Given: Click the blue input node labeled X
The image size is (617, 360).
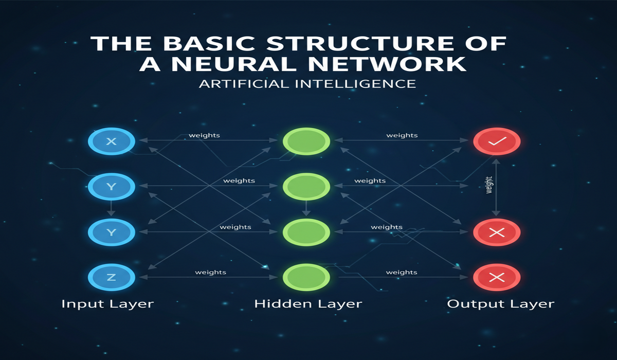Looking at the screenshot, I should coord(112,141).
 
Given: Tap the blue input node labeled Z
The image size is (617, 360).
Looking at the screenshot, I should coord(112,278).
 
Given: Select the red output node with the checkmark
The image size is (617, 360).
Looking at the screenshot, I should coord(497,141).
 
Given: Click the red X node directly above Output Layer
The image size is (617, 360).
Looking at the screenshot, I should coord(497,278).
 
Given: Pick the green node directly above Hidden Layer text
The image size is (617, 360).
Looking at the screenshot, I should coord(306,278).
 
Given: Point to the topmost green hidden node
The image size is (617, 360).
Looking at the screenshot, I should coord(306,141).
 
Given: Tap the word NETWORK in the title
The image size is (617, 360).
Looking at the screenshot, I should coord(385,64).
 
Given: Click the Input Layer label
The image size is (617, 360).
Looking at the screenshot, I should coord(107,304).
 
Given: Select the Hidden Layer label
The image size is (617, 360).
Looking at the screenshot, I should coord(308,304).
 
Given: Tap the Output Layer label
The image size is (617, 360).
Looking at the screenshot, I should coord(501,304).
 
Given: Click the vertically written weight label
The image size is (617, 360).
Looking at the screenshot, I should coord(489,186).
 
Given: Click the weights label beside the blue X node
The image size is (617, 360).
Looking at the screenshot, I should coord(204,136).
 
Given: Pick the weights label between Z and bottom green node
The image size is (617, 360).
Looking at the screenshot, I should coord(210,272).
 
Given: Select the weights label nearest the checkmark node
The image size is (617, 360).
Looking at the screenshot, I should coord(402,136).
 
